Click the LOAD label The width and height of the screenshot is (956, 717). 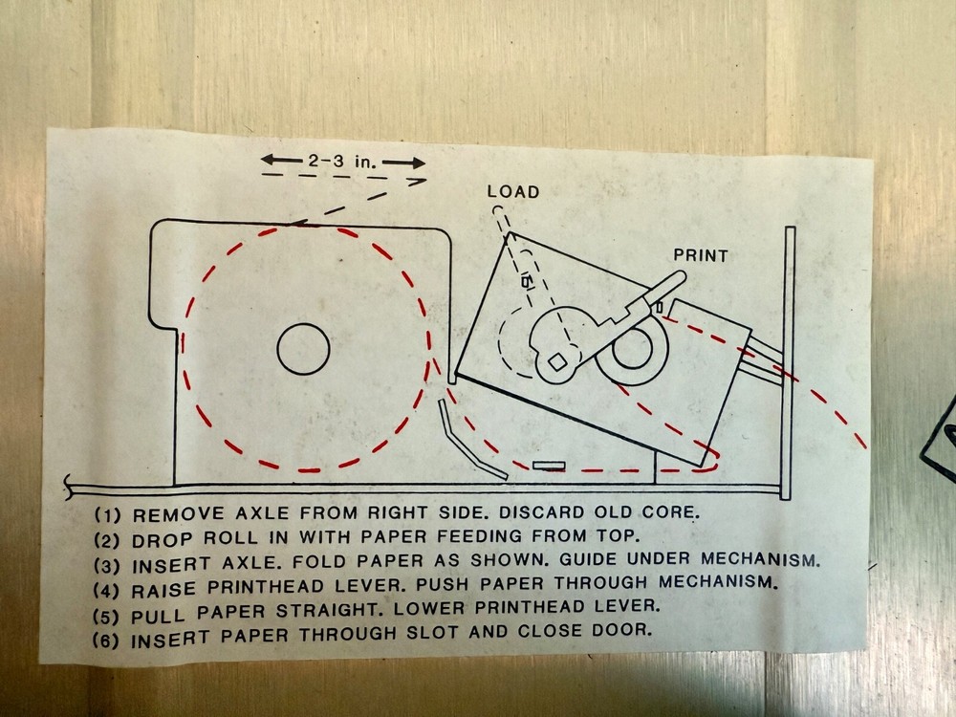(x=513, y=192)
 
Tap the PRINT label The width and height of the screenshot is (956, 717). (x=701, y=255)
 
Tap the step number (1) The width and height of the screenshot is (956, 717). (x=106, y=512)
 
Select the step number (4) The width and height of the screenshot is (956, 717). (x=107, y=583)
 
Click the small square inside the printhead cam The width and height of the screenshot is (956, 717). (x=557, y=360)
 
